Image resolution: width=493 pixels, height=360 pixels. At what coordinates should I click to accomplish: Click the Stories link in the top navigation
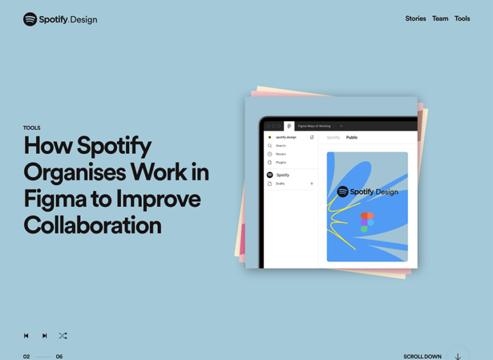point(415,19)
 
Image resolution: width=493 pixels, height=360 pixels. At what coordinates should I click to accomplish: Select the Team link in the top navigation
point(440,19)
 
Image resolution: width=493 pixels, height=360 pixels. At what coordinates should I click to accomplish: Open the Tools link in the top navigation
point(462,19)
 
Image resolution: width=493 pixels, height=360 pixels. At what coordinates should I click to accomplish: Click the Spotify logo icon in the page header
point(30,19)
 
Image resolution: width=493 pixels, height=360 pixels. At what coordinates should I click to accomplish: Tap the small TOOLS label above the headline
point(31,128)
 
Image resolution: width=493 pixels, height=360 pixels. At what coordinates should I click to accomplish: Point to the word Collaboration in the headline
point(92,225)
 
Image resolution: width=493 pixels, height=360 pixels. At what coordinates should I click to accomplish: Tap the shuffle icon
point(63,336)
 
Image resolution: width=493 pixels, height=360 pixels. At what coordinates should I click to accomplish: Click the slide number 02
point(26,356)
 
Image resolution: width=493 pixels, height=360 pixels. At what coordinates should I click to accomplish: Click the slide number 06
point(59,356)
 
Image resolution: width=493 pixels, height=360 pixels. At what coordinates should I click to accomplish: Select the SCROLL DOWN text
point(422,356)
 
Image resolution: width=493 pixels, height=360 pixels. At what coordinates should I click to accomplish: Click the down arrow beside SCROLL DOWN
point(458,356)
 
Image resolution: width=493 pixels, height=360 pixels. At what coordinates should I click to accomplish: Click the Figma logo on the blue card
point(367,222)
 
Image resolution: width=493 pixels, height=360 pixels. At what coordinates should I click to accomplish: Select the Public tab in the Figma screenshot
point(352,137)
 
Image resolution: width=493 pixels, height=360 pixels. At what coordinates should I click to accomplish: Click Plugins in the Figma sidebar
point(281,162)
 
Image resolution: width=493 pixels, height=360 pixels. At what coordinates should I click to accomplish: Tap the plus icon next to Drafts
point(312,184)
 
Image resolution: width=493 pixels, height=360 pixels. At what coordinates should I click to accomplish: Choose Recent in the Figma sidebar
point(281,154)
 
